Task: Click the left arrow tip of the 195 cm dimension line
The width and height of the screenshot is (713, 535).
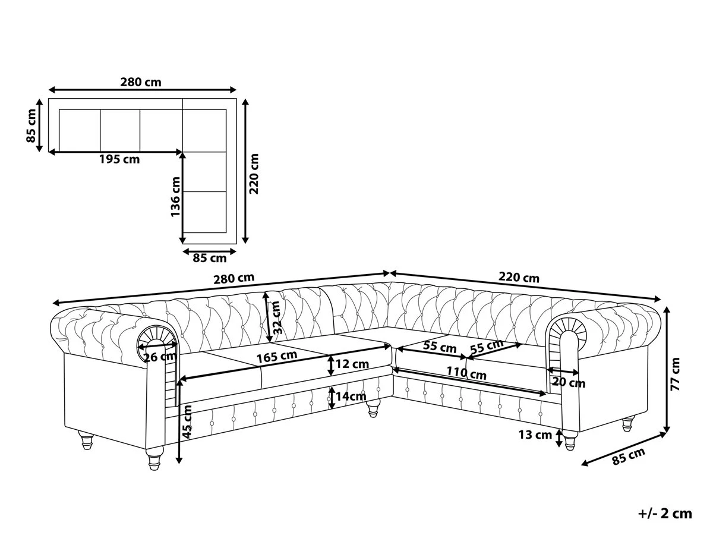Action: [49, 152]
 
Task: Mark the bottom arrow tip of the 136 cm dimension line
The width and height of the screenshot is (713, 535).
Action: [183, 243]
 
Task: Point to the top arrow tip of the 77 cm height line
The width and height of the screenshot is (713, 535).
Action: [667, 307]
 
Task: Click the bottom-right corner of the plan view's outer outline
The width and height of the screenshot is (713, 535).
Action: [236, 243]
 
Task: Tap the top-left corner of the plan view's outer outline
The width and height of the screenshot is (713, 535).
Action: [49, 99]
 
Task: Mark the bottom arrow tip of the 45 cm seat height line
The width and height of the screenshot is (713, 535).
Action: [179, 464]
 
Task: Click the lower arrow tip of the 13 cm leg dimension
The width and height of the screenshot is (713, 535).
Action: [559, 447]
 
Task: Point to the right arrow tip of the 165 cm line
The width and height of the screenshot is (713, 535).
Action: [390, 347]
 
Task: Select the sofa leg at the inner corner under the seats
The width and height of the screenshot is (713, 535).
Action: [373, 408]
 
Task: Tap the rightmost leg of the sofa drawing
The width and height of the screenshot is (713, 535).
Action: [627, 424]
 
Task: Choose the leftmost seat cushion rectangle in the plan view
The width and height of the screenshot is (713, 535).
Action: [80, 131]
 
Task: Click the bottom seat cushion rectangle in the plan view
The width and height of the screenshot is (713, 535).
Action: [204, 212]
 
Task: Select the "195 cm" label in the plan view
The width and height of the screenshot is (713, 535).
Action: [119, 159]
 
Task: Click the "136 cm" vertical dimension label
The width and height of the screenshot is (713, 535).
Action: [175, 197]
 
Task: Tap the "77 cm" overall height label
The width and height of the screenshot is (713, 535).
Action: [675, 374]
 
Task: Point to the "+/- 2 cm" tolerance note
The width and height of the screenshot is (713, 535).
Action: [665, 514]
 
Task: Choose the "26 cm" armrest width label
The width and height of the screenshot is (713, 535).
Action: [160, 357]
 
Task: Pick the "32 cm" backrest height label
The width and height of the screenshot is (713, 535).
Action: [276, 317]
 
